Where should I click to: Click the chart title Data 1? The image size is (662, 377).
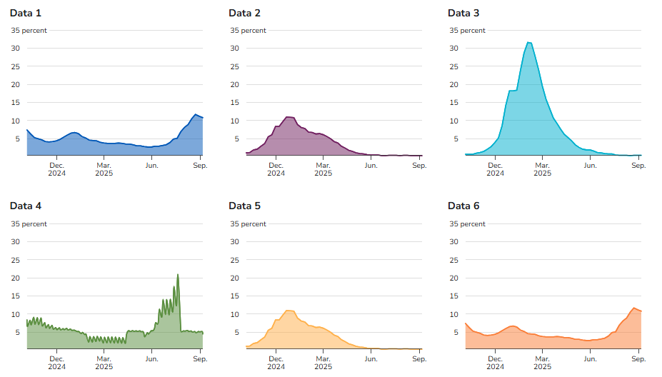(26, 13)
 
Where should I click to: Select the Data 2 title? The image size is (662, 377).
(244, 13)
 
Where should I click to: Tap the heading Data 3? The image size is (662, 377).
(463, 13)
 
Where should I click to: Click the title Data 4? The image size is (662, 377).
(26, 206)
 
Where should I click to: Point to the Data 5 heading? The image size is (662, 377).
(244, 206)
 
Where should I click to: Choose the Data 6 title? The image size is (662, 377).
(463, 206)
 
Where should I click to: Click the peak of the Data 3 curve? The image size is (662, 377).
(528, 43)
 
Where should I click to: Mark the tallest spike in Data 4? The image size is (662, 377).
(178, 275)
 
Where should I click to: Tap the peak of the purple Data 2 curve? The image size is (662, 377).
(289, 116)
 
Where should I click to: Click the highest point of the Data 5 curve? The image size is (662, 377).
(289, 310)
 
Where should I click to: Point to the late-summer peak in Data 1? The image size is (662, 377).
(196, 114)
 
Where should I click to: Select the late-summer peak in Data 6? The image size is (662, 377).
(633, 308)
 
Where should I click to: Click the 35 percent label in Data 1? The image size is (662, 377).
(29, 31)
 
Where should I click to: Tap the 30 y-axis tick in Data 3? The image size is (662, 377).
(453, 49)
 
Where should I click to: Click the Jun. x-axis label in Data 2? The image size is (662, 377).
(371, 166)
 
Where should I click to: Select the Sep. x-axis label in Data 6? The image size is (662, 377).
(638, 358)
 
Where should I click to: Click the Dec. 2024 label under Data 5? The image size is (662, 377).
(276, 362)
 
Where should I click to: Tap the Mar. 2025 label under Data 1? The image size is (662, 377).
(104, 169)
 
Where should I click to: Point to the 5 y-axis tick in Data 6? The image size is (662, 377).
(455, 332)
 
